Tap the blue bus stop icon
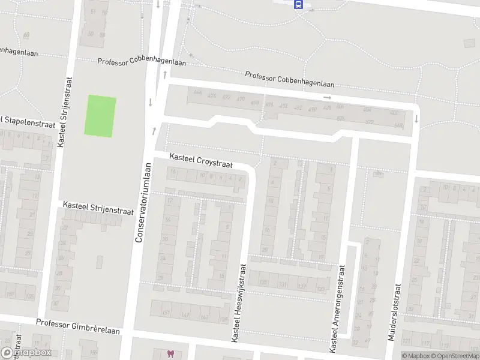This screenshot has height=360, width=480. click(x=298, y=4)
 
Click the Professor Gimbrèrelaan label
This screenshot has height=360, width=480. click(x=77, y=326)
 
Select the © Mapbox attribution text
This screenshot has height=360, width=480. click(x=415, y=356)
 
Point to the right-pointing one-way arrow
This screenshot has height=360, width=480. click(x=328, y=98)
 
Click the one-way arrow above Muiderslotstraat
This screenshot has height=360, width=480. click(x=415, y=119)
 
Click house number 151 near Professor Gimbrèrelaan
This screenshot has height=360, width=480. click(x=166, y=313)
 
